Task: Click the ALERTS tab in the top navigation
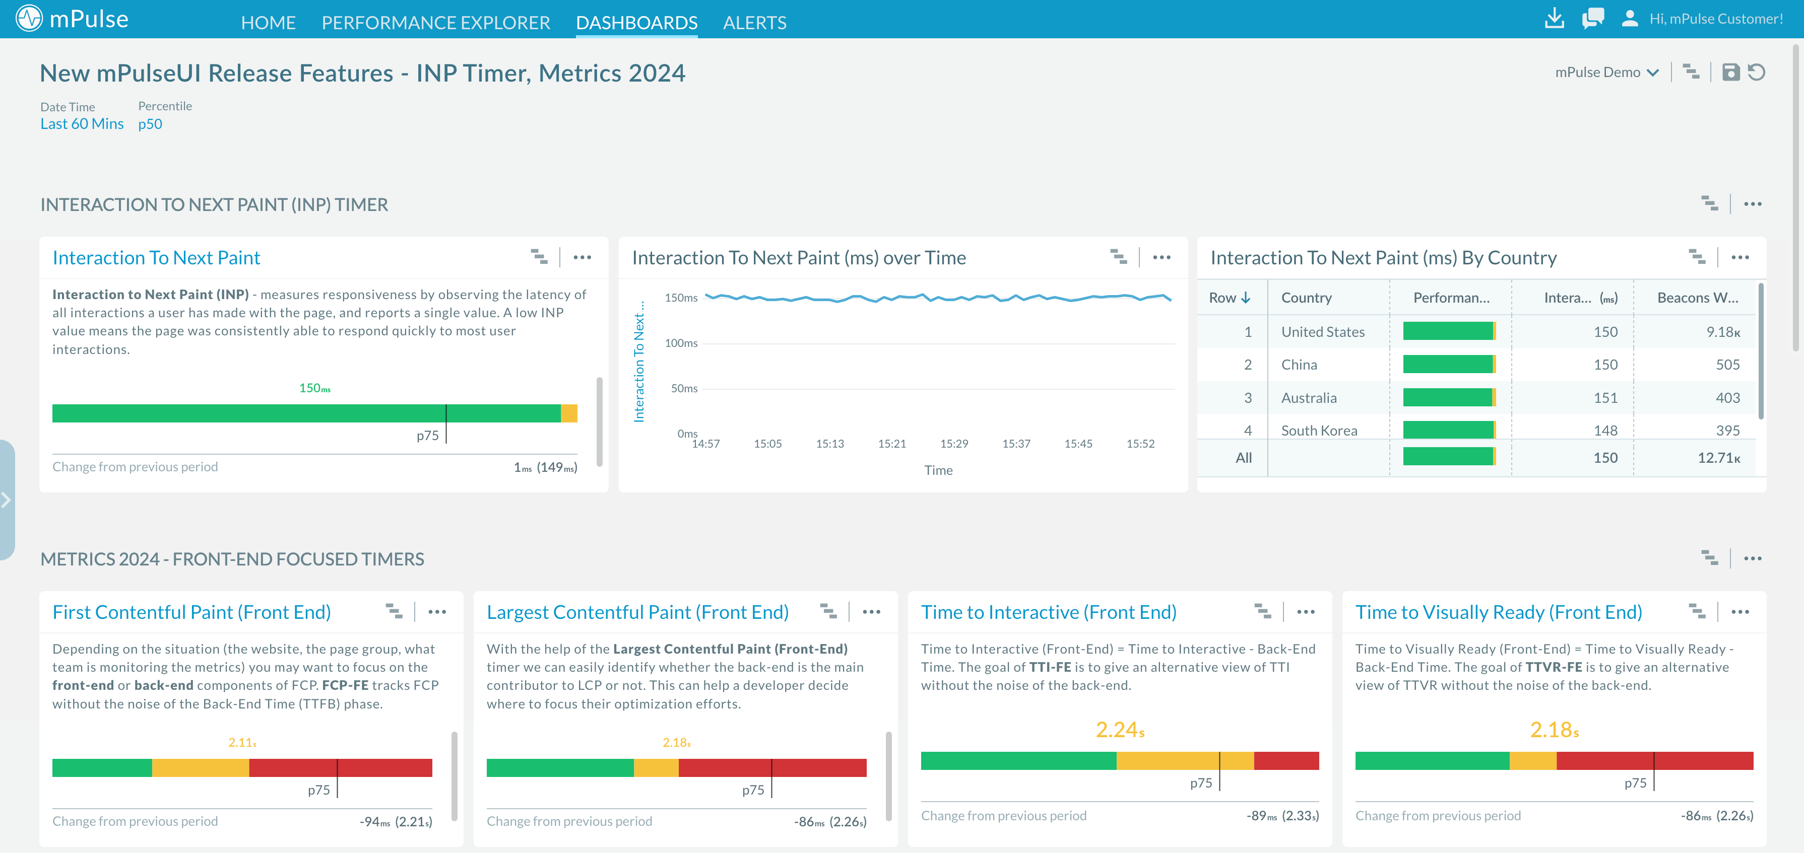tap(754, 22)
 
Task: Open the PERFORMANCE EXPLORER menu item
tap(435, 22)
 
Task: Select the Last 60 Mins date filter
tap(82, 124)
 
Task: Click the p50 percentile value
tap(150, 124)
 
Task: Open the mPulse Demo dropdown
tap(1606, 72)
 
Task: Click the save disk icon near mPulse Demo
tap(1730, 72)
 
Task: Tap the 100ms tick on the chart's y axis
tap(681, 343)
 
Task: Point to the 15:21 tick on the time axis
tap(891, 444)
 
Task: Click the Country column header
tap(1306, 298)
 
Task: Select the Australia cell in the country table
tap(1308, 397)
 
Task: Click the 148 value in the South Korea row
tap(1605, 431)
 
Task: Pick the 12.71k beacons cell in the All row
tap(1718, 458)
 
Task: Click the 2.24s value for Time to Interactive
tap(1119, 730)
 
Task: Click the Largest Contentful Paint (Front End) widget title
tap(637, 612)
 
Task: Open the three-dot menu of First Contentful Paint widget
tap(437, 612)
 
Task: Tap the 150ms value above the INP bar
tap(314, 388)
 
